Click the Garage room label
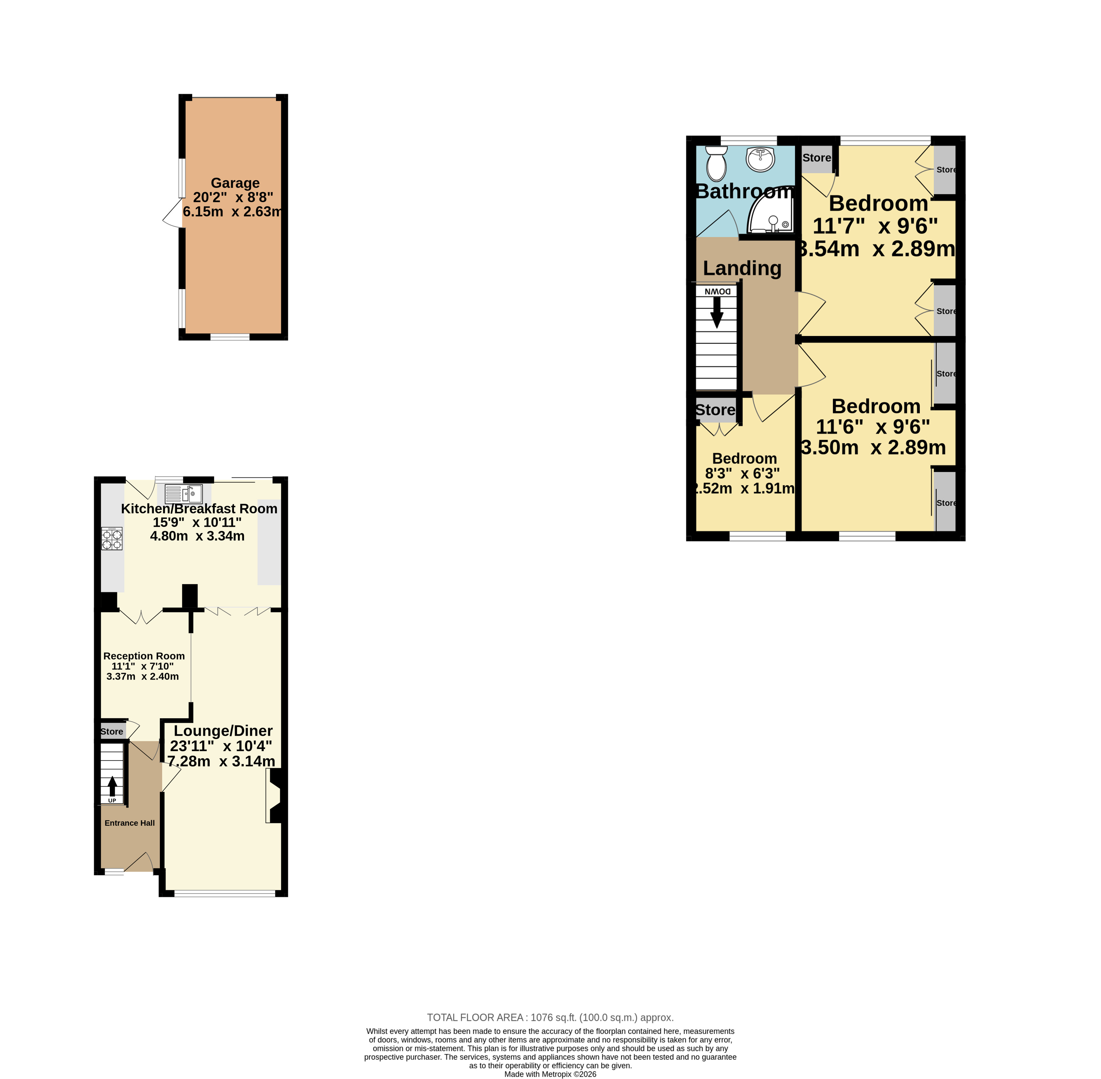pos(235,183)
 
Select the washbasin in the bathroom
pos(760,159)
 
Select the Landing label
pos(742,268)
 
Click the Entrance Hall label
pos(130,823)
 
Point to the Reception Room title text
pos(144,656)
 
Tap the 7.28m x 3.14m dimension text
pos(221,761)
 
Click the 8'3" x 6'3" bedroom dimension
pos(742,473)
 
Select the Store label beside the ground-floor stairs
pos(112,732)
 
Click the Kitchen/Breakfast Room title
pos(199,508)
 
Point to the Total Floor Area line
pos(550,1017)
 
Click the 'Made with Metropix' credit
pos(550,1074)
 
